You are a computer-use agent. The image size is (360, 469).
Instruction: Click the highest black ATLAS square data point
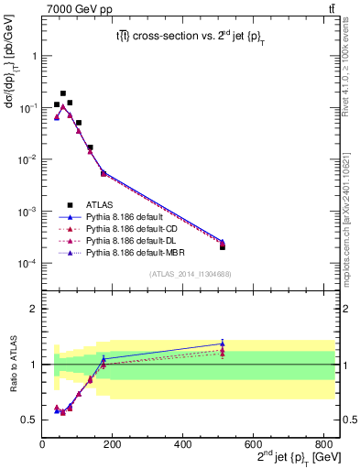tap(63, 93)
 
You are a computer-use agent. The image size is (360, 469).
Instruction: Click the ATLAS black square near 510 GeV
tap(223, 246)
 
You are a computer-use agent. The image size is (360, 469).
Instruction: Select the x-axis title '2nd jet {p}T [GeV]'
tap(292, 458)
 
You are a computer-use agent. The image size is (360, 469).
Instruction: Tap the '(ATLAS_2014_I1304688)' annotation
tap(191, 274)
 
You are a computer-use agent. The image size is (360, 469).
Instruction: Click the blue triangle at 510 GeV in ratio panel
tap(223, 344)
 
